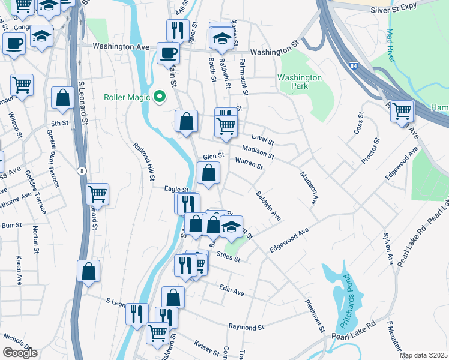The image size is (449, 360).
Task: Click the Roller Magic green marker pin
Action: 160,96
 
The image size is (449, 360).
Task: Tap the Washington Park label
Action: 299,82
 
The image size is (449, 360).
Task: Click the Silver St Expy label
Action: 394,10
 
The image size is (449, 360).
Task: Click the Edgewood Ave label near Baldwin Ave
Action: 289,240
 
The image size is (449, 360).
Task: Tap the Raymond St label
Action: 246,327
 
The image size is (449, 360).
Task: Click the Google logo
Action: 20,353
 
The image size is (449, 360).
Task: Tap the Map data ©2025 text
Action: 423,355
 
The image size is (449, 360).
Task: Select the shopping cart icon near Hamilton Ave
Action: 402,110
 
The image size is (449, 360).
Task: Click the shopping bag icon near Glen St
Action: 208,173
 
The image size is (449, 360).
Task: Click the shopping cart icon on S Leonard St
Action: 97,193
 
